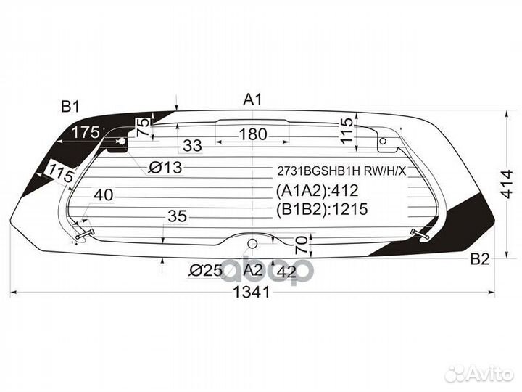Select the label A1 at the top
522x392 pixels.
tap(252, 99)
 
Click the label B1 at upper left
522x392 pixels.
tap(70, 107)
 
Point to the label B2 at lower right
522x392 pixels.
tap(479, 259)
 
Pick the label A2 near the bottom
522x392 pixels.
tap(252, 270)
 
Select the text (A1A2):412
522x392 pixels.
tap(318, 191)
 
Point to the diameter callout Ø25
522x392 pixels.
tap(205, 271)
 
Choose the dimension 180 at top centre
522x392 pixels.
tap(253, 134)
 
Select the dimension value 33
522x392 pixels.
tap(192, 146)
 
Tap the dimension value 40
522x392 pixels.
tap(103, 195)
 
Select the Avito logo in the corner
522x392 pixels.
tap(480, 373)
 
